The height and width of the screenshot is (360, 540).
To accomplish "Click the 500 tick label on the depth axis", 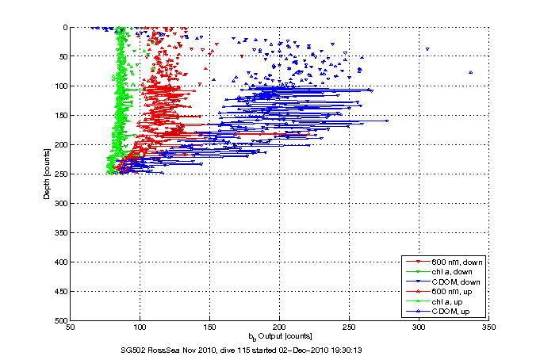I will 60,320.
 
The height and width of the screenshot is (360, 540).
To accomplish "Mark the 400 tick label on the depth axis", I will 60,262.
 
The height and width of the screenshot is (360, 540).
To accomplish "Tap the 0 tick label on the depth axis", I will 64,27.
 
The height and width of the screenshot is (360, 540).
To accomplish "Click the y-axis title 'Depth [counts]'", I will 47,174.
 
